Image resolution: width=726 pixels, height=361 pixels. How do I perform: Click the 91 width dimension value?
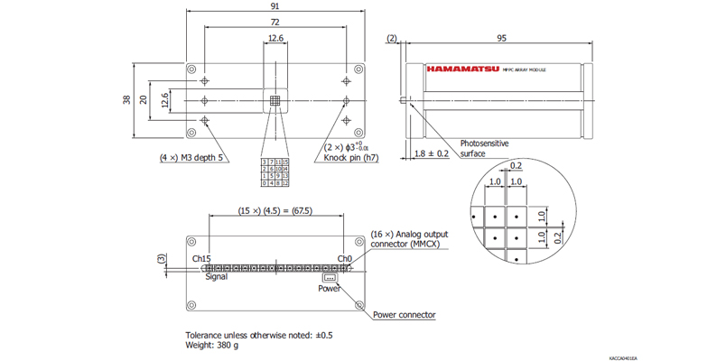[x=276, y=6]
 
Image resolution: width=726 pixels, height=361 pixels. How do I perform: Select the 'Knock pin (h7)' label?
[x=351, y=157]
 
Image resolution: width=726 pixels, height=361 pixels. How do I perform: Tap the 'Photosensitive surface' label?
[x=485, y=148]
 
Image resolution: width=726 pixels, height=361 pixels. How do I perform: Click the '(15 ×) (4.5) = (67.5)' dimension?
[x=275, y=210]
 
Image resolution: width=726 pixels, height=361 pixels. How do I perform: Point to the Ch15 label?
[x=201, y=258]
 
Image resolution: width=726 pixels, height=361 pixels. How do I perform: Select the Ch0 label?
[x=344, y=258]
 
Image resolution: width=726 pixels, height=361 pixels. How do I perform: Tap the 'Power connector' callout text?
[x=405, y=315]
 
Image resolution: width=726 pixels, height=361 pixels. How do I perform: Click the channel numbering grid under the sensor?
[x=275, y=171]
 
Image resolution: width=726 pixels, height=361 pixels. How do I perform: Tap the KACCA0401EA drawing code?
[x=623, y=357]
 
